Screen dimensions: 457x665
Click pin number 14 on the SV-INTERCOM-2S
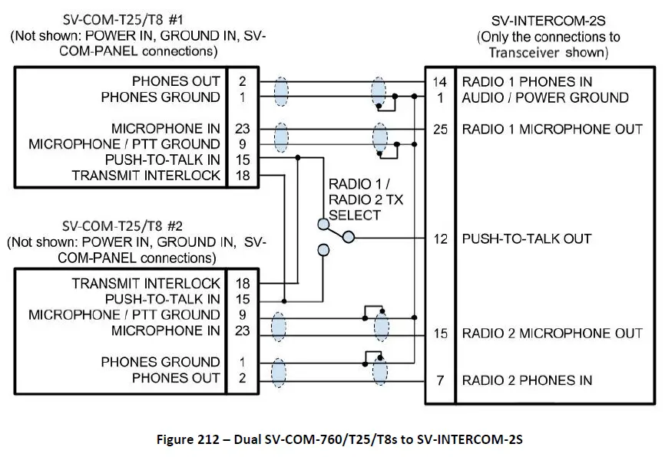pyautogui.click(x=440, y=81)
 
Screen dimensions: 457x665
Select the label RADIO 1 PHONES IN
pyautogui.click(x=526, y=81)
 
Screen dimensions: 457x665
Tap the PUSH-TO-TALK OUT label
pyautogui.click(x=526, y=238)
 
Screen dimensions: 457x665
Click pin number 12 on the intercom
pyautogui.click(x=440, y=238)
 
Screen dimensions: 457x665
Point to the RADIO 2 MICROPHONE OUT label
pyautogui.click(x=551, y=334)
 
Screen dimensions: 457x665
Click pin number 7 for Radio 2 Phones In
pyautogui.click(x=440, y=380)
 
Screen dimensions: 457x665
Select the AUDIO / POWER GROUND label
pyautogui.click(x=544, y=97)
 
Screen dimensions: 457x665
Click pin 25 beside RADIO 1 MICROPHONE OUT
pyautogui.click(x=440, y=129)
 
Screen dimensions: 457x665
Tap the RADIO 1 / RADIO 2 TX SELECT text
pyautogui.click(x=366, y=199)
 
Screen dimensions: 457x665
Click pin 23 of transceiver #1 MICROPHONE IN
pyautogui.click(x=243, y=129)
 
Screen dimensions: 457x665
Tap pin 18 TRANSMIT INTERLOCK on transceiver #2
pyautogui.click(x=243, y=283)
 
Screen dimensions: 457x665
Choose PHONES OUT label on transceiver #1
pyautogui.click(x=176, y=81)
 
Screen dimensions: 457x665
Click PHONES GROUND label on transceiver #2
pyautogui.click(x=160, y=362)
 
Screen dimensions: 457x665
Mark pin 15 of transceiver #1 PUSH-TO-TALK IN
pyautogui.click(x=243, y=159)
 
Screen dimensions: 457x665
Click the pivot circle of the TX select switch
pyautogui.click(x=349, y=238)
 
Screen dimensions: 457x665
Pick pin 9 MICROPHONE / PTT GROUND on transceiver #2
pyautogui.click(x=243, y=314)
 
